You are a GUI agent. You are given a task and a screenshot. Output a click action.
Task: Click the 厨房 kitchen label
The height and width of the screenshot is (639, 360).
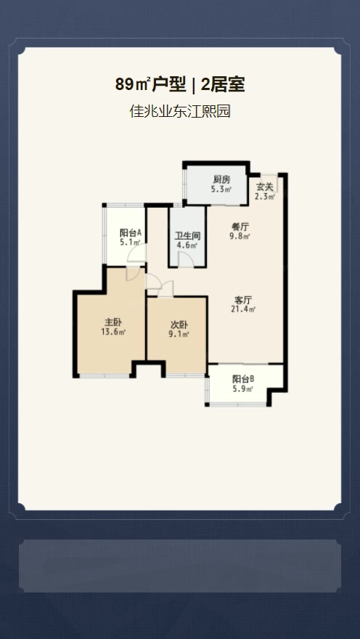click(x=221, y=180)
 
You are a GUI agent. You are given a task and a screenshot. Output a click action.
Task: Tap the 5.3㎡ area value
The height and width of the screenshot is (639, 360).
click(x=221, y=189)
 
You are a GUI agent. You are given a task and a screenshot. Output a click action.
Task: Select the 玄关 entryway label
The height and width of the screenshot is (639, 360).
click(x=264, y=188)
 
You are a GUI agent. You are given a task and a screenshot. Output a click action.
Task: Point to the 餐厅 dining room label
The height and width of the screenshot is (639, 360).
click(x=240, y=227)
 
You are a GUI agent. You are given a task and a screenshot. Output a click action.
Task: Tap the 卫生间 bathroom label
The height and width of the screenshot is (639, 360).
click(x=187, y=237)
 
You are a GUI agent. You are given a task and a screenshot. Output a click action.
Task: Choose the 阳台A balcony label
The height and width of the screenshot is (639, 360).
click(x=131, y=233)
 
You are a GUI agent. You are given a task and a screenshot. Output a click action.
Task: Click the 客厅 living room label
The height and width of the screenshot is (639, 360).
click(x=242, y=301)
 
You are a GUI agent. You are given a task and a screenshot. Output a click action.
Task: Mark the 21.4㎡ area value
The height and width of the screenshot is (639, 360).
click(x=242, y=310)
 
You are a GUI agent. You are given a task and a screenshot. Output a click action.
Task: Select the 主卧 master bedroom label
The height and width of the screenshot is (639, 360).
click(x=112, y=322)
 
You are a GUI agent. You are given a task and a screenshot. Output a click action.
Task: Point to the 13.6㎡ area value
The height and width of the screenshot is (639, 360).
click(x=112, y=332)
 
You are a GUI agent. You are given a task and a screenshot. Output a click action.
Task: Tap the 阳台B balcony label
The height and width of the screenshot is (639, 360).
click(x=244, y=379)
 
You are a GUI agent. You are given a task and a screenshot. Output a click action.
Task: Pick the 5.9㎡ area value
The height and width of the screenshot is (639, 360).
click(x=244, y=389)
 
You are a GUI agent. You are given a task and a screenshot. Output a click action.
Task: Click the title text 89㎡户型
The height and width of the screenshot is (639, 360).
click(x=150, y=85)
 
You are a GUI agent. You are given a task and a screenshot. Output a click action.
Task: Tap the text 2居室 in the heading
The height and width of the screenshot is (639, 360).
click(x=223, y=85)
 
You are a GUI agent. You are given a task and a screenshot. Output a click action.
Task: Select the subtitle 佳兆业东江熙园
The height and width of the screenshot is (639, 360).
click(x=180, y=111)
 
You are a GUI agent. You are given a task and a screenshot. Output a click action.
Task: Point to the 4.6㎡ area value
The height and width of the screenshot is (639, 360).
click(x=187, y=245)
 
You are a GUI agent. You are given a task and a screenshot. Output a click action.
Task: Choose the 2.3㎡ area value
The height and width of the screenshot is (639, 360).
click(x=265, y=197)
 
